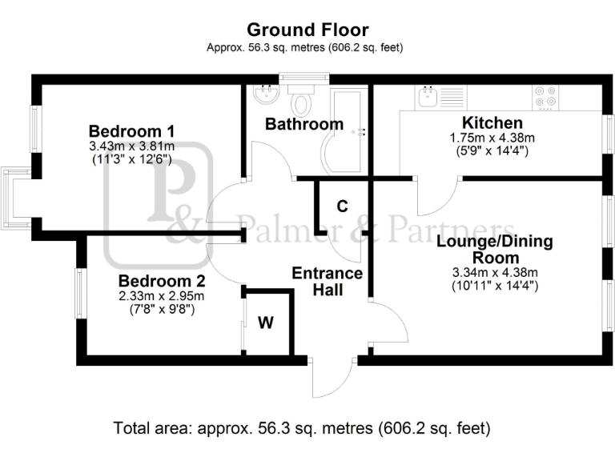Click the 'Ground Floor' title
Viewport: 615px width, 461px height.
[307, 30]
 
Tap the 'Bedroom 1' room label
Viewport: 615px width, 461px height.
[131, 131]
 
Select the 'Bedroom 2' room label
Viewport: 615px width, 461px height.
[162, 282]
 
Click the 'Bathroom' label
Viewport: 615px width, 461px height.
[304, 124]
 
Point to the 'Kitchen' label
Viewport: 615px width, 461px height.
[492, 123]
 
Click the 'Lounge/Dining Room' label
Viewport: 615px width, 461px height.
[494, 249]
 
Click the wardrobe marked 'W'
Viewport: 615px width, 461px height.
[266, 323]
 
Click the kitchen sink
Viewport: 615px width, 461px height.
[427, 98]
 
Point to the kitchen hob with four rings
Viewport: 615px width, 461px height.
[545, 97]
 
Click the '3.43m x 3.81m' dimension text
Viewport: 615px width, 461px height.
[131, 146]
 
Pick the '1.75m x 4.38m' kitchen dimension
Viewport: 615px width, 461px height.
[492, 138]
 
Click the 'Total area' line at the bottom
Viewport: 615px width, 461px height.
[302, 427]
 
